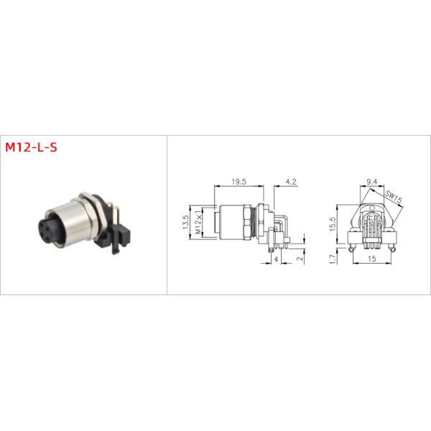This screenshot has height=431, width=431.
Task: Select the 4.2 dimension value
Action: click(x=291, y=182)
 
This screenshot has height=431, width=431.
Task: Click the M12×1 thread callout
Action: click(x=198, y=223)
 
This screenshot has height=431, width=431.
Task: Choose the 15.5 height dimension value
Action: click(x=333, y=225)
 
